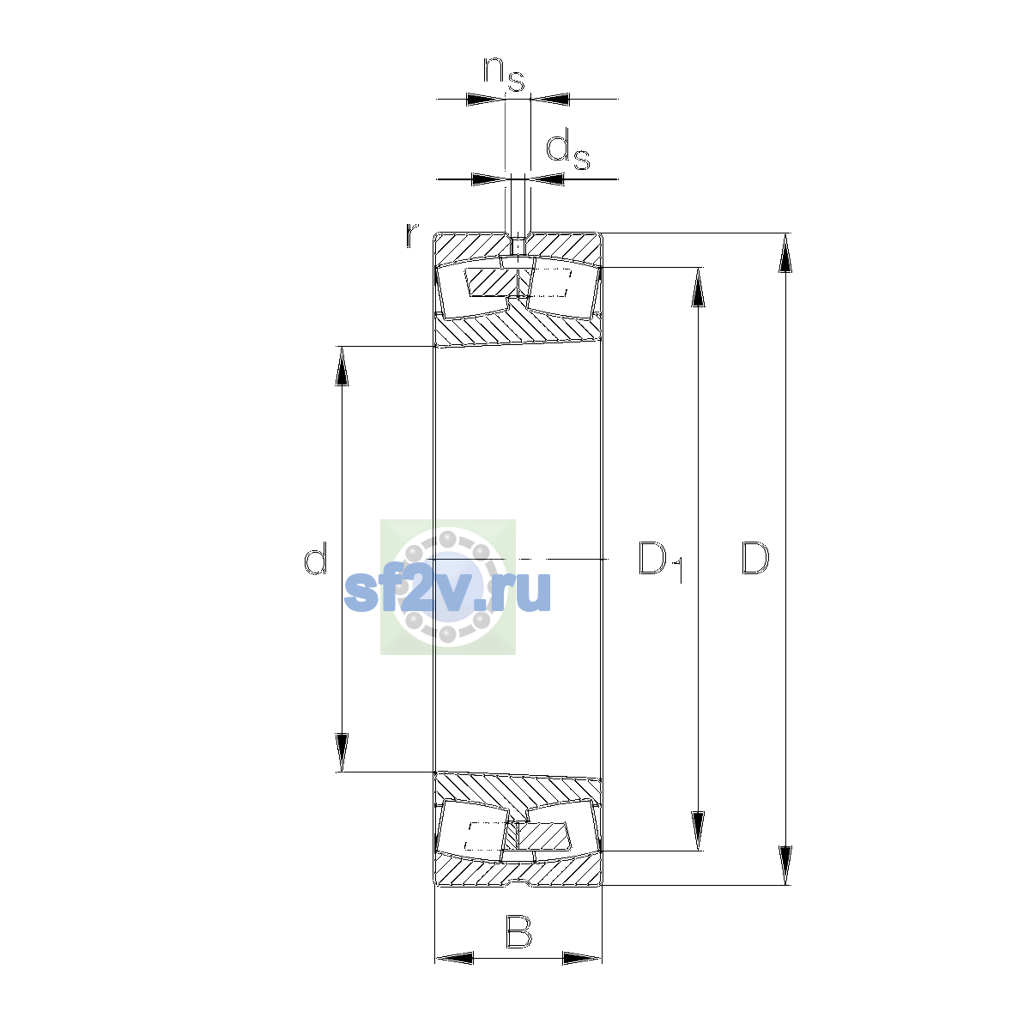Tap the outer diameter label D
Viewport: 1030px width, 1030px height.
click(755, 558)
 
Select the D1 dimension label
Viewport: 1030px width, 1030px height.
click(661, 561)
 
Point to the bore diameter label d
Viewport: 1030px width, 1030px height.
click(315, 558)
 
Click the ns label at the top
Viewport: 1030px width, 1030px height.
click(504, 75)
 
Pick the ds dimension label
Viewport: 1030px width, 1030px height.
click(567, 151)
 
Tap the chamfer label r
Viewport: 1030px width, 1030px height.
click(412, 235)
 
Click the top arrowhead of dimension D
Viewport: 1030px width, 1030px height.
click(785, 253)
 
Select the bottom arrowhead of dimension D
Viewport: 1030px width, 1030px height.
click(785, 865)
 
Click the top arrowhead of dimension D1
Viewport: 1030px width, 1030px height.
click(698, 287)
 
